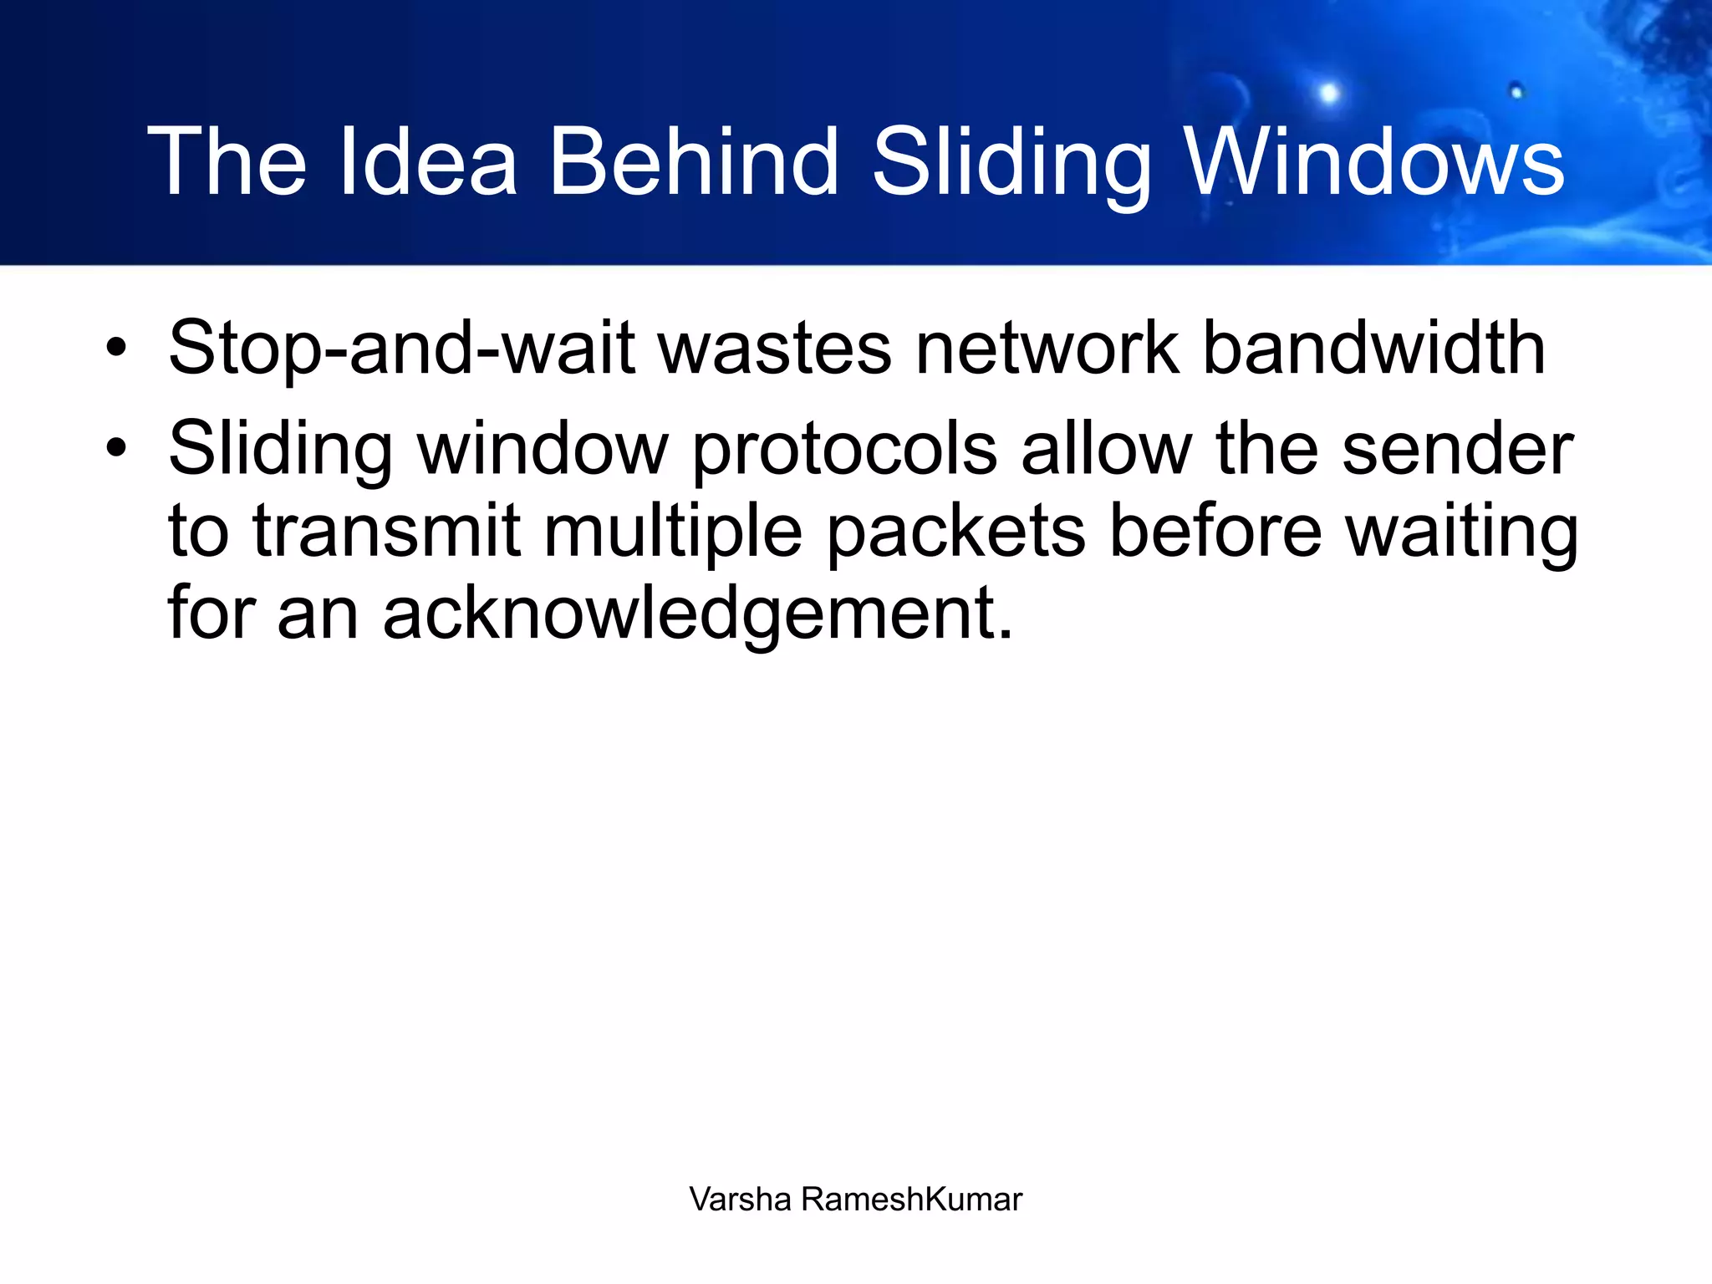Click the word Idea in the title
(x=428, y=161)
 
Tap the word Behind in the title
(x=693, y=161)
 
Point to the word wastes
(x=775, y=349)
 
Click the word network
(x=1047, y=349)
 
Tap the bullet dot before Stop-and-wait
(x=116, y=348)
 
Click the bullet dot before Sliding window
(x=116, y=448)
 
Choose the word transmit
(x=386, y=532)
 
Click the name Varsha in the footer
(x=740, y=1200)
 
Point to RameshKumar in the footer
(x=911, y=1200)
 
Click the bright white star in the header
(x=1328, y=93)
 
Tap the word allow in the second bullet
(x=1106, y=450)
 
